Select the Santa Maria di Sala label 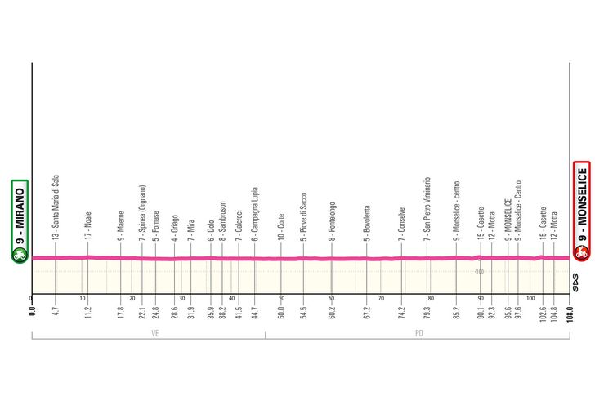[x=56, y=205]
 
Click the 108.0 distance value [x=570, y=311]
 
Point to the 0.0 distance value [x=32, y=311]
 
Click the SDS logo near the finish [x=576, y=283]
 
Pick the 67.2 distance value [x=367, y=311]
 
